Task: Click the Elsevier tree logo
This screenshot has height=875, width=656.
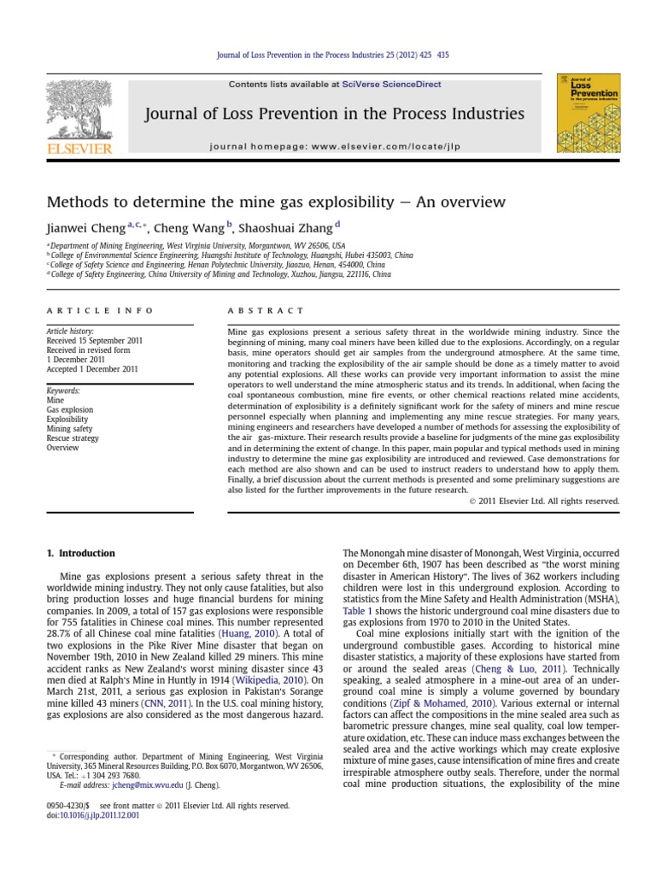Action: coord(79,115)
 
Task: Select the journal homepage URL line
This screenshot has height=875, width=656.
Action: coord(334,146)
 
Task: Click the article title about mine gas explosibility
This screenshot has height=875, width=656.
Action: coord(276,203)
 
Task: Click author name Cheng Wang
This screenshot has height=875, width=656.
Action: coord(184,228)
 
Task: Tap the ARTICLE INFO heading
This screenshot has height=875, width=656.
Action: coord(101,310)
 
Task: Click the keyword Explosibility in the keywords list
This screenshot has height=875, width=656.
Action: coord(67,419)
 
